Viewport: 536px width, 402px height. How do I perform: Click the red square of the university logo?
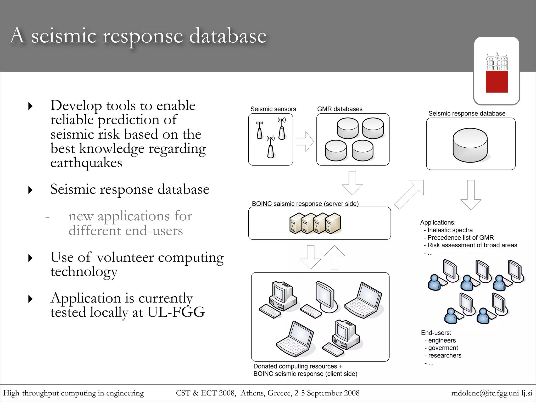tap(496, 81)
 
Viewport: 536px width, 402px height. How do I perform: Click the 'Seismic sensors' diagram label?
tap(273, 109)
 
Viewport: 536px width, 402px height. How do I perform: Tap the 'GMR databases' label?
tap(339, 109)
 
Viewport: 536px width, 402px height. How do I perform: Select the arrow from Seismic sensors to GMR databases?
tap(305, 142)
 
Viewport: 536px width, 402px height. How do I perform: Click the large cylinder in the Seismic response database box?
tap(470, 145)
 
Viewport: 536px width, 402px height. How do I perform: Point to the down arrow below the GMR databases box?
tap(352, 183)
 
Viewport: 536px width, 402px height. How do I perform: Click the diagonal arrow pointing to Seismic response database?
tap(409, 194)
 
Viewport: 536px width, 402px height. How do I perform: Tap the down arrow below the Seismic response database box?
tap(471, 195)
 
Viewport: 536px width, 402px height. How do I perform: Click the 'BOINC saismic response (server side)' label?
tap(305, 204)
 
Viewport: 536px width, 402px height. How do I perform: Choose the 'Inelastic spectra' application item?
tap(450, 230)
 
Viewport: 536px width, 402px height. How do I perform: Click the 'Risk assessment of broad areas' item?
tap(472, 245)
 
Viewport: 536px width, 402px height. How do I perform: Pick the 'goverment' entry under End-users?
tap(443, 348)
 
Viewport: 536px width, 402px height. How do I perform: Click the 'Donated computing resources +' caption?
tap(298, 366)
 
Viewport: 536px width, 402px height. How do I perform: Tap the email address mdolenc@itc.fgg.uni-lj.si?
tap(492, 393)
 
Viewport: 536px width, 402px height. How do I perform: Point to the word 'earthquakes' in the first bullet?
tap(86, 163)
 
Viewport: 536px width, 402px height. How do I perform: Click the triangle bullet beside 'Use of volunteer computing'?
tap(31, 258)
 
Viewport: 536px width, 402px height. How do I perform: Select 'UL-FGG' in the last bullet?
tap(176, 312)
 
